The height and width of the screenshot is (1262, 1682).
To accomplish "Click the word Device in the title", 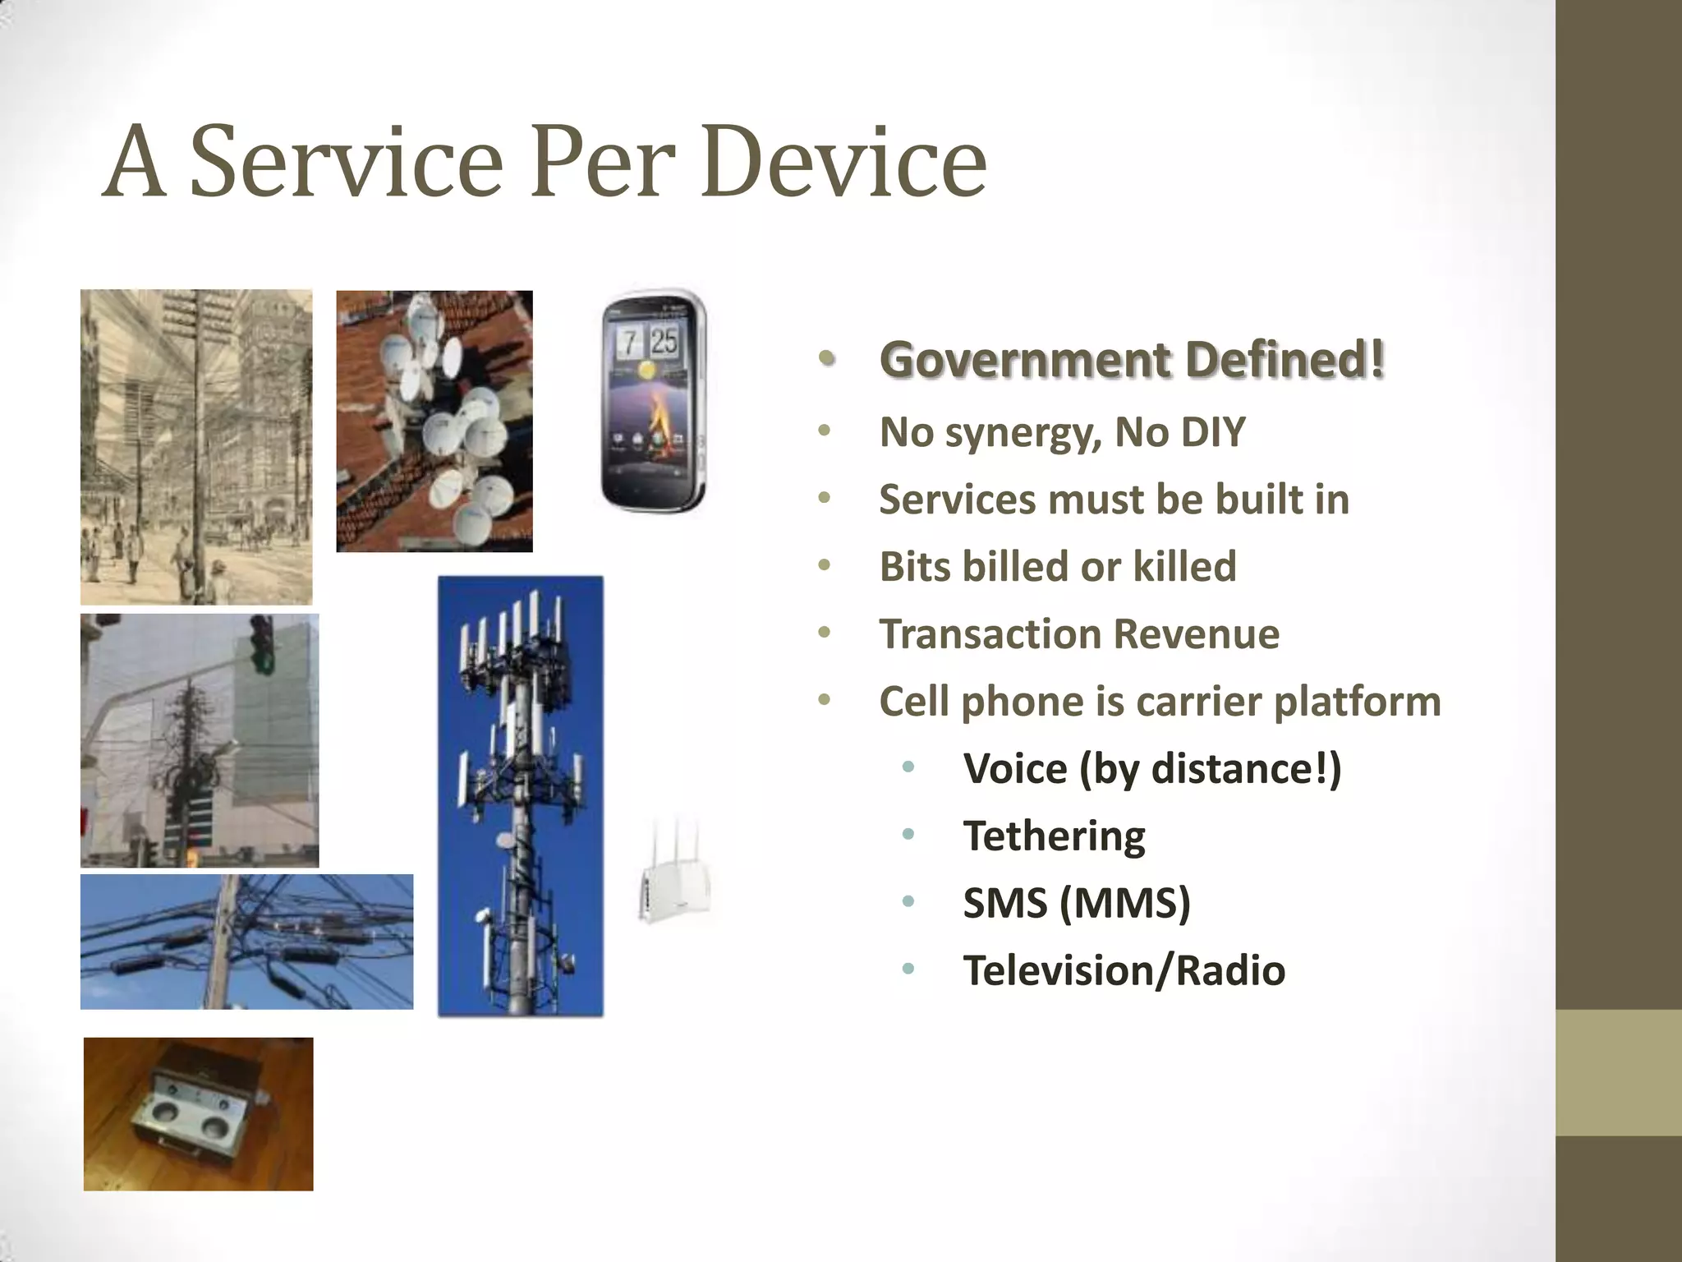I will click(x=844, y=162).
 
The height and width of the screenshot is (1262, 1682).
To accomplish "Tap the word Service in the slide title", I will click(x=346, y=162).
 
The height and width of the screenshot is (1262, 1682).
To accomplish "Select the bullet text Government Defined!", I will click(x=1132, y=361).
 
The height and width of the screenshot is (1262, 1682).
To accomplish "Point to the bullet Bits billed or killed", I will click(x=1058, y=567).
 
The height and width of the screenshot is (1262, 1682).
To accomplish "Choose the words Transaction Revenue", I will click(x=1079, y=634).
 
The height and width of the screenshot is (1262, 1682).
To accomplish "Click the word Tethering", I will click(x=1054, y=836).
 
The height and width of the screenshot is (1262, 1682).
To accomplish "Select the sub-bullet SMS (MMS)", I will click(x=1076, y=904).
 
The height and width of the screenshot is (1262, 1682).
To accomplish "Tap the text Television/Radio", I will click(x=1124, y=971).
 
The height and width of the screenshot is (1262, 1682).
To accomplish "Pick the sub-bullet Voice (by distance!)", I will click(x=1151, y=769).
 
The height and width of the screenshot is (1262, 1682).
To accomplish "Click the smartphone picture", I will click(x=654, y=401).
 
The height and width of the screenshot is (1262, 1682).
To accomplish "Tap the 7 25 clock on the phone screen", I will click(x=648, y=340).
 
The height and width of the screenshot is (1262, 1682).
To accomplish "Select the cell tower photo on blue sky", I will click(x=520, y=795).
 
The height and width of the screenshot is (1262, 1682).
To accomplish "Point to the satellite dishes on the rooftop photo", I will click(x=434, y=421).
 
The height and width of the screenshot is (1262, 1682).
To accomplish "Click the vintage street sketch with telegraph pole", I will click(x=196, y=447).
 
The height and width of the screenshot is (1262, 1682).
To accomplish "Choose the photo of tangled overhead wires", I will click(x=246, y=942).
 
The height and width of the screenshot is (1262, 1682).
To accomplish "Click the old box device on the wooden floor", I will click(x=198, y=1114).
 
